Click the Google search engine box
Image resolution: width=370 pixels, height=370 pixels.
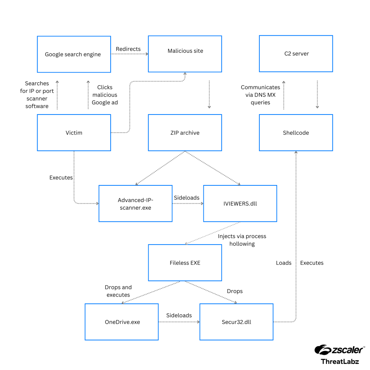click(74, 54)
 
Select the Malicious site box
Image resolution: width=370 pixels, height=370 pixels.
click(185, 53)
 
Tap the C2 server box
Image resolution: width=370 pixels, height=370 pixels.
click(296, 53)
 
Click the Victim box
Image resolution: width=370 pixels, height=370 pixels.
click(74, 133)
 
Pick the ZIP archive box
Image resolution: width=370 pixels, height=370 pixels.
click(185, 133)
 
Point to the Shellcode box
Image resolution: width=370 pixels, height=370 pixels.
click(296, 133)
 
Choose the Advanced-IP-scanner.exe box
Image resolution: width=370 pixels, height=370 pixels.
click(135, 203)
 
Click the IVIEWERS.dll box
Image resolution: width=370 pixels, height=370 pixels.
click(240, 203)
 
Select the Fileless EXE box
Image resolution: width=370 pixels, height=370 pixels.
click(185, 263)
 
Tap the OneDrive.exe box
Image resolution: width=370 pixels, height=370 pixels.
click(121, 322)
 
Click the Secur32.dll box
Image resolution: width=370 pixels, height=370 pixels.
click(236, 322)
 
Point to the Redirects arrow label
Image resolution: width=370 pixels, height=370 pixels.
click(128, 49)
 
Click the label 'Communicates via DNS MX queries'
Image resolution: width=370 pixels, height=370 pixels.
click(261, 95)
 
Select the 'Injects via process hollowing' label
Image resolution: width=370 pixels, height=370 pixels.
click(242, 240)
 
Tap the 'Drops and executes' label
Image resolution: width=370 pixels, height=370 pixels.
click(118, 291)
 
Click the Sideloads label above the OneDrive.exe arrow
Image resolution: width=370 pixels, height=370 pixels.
click(179, 315)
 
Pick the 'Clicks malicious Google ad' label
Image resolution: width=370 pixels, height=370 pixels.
click(105, 95)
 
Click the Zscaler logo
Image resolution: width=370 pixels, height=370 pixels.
click(339, 349)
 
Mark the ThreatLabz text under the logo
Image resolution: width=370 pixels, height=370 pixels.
click(340, 361)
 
